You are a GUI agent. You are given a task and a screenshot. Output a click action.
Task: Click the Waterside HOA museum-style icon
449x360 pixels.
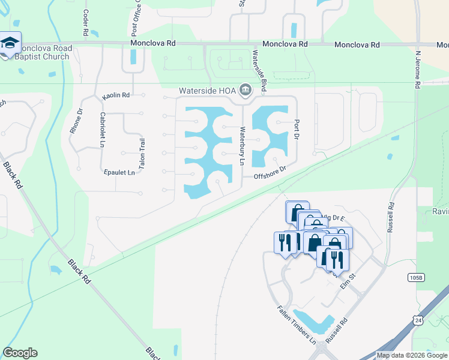[246, 91]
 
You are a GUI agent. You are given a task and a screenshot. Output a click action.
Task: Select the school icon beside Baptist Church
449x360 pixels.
[10, 43]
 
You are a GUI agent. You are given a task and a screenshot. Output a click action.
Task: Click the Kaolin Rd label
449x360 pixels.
[116, 95]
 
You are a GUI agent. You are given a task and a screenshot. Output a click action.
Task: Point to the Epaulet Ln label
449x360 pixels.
[118, 172]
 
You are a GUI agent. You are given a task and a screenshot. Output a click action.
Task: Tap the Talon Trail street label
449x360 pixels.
[142, 153]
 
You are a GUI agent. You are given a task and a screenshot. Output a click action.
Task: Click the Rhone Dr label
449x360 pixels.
[76, 122]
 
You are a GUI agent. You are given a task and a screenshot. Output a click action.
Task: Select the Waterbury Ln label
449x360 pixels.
[243, 146]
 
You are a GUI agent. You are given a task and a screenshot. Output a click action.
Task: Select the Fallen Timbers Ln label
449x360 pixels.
[295, 324]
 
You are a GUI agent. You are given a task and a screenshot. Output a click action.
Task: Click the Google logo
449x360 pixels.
[20, 353]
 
